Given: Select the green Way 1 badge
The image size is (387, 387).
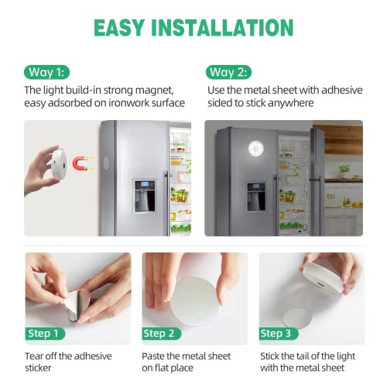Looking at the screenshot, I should click(47, 73).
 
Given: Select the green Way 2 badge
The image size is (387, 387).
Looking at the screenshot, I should click(229, 73).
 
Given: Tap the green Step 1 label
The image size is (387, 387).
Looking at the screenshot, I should click(47, 334).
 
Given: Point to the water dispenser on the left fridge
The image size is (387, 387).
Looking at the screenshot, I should click(144, 196).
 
